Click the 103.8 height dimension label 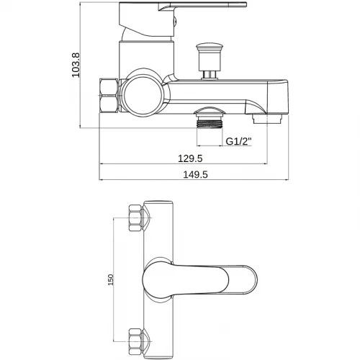pos(76,65)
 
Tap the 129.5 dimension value pos(190,158)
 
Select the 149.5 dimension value pos(195,174)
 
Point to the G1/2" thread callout pos(239,141)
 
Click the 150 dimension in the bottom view pos(110,279)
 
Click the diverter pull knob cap pos(210,46)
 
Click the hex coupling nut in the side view pos(109,95)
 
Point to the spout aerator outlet pos(267,119)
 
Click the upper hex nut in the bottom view pos(135,218)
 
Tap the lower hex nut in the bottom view pos(135,342)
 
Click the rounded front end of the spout pos(279,96)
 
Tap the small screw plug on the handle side pos(176,21)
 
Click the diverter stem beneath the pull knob pos(210,74)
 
